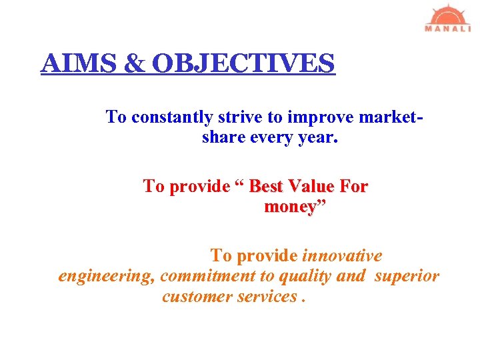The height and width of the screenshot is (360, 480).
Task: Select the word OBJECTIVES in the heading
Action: (243, 63)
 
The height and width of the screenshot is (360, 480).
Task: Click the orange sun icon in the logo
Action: (448, 15)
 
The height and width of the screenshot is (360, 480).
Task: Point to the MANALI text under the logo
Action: (448, 29)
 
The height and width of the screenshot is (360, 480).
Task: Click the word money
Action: (289, 207)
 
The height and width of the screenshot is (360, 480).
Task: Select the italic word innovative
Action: (343, 256)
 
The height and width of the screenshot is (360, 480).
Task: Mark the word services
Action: (267, 296)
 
